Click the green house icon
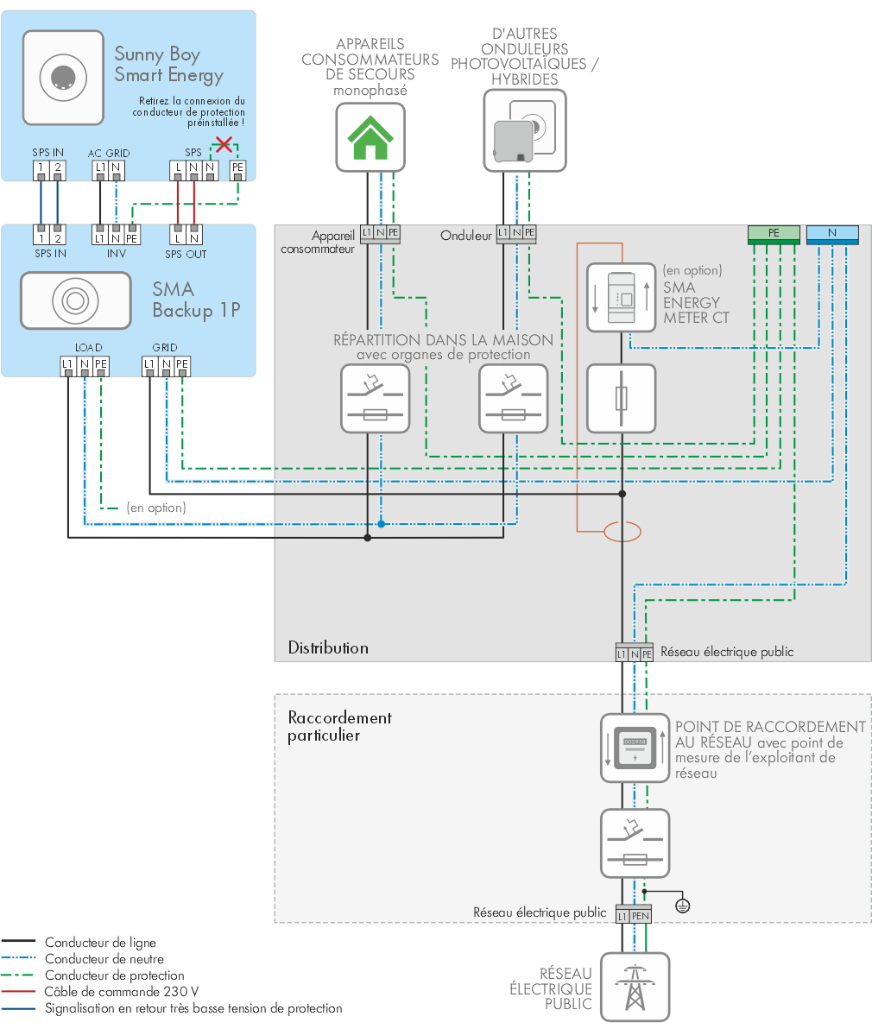[x=370, y=137]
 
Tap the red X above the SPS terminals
[x=224, y=144]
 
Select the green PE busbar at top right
[x=773, y=232]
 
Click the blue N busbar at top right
[x=832, y=232]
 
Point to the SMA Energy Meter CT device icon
[x=622, y=297]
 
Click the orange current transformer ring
[x=622, y=532]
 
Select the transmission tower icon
[x=635, y=987]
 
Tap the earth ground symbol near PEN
[x=682, y=906]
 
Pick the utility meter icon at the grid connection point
[x=635, y=748]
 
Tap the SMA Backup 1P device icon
[x=76, y=300]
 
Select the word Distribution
[x=328, y=647]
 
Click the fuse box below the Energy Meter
[x=622, y=398]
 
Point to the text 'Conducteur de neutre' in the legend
[x=104, y=959]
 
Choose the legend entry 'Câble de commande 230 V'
[x=122, y=992]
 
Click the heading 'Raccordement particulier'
[x=339, y=726]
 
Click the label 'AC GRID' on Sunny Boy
[x=109, y=153]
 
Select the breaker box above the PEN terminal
[x=635, y=843]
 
